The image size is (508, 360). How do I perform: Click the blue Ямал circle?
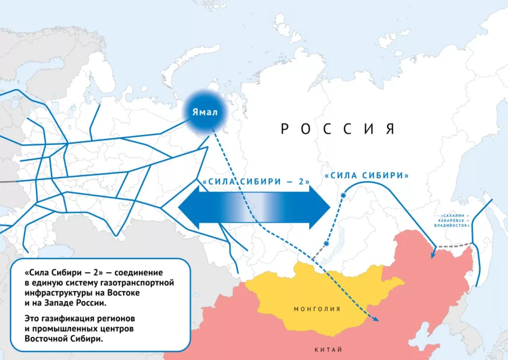coord(205,113)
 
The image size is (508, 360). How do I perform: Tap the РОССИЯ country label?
coord(337,129)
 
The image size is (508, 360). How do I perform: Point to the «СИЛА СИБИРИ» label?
coord(367,176)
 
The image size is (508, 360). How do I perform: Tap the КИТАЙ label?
coord(328,350)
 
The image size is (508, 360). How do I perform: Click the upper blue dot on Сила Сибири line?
coord(342,195)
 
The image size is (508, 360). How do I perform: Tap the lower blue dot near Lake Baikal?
coord(326,243)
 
